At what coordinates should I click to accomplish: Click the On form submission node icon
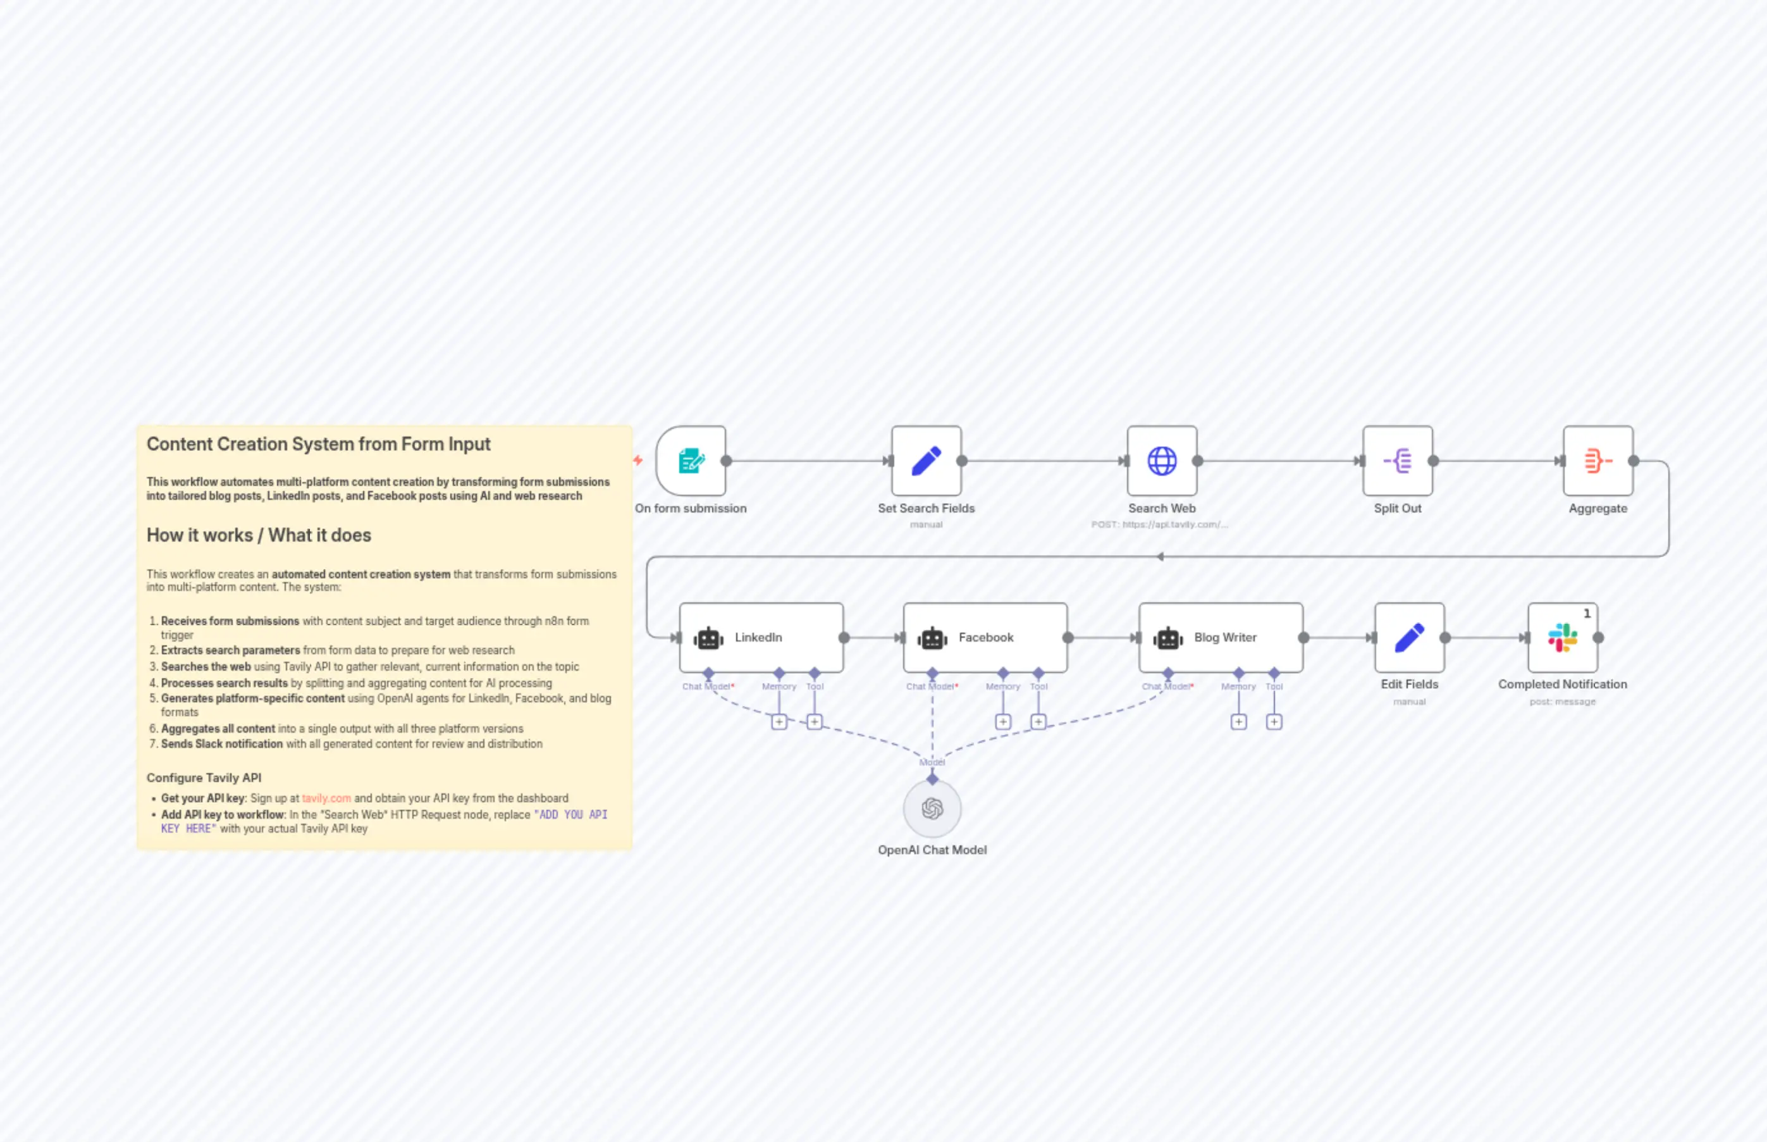[x=691, y=461]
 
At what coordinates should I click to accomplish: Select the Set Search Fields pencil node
[x=926, y=461]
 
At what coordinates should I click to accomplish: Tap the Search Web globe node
[x=1161, y=461]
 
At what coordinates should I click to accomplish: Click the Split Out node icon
[x=1397, y=461]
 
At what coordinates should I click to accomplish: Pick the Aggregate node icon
[x=1598, y=461]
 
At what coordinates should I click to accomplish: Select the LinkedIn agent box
[x=761, y=637]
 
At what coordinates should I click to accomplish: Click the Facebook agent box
[x=985, y=637]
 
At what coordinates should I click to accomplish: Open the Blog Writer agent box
[x=1221, y=637]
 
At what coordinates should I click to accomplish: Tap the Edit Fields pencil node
[x=1409, y=637]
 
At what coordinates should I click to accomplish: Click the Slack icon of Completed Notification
[x=1563, y=637]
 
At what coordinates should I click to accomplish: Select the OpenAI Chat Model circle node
[x=932, y=809]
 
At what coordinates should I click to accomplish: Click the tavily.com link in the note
[x=326, y=798]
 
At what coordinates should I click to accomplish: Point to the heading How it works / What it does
[x=259, y=535]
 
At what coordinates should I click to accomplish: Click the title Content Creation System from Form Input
[x=318, y=444]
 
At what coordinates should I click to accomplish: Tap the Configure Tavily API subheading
[x=204, y=777]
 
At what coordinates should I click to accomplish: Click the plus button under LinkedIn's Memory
[x=779, y=721]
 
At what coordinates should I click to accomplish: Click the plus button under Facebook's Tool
[x=1038, y=721]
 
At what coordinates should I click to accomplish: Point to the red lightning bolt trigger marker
[x=638, y=460]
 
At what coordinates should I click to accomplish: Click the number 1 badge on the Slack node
[x=1587, y=613]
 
